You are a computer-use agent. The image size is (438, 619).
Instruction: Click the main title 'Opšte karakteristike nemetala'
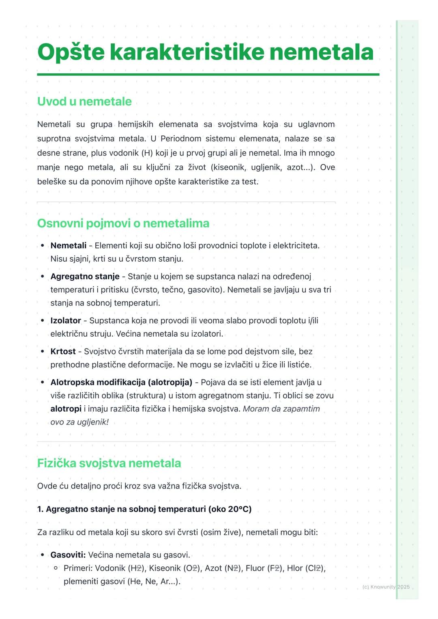click(205, 53)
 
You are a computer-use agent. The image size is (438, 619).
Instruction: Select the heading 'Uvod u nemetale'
click(84, 101)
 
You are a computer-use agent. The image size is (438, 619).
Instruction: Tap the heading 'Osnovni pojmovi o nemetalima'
click(123, 223)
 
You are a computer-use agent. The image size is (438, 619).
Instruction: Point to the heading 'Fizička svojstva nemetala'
click(109, 463)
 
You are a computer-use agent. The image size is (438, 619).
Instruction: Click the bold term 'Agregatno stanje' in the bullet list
click(85, 277)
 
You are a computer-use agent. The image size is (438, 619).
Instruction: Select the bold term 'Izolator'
click(66, 321)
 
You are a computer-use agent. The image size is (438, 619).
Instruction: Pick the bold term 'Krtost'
click(63, 352)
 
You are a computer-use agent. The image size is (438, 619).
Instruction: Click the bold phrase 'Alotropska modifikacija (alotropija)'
click(121, 382)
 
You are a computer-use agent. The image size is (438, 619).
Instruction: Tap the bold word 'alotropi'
click(66, 409)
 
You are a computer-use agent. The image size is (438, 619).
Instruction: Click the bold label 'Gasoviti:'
click(68, 555)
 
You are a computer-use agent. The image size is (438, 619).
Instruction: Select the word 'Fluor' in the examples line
click(255, 568)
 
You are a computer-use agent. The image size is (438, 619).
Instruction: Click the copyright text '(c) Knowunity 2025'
click(386, 587)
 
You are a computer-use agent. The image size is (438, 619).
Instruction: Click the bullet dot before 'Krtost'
click(43, 352)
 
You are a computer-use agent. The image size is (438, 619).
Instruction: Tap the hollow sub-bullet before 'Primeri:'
click(56, 568)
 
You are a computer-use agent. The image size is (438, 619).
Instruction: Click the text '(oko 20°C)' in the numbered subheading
click(230, 509)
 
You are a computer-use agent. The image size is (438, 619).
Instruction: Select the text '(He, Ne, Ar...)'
click(154, 582)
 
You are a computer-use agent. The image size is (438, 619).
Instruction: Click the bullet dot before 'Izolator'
click(43, 321)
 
